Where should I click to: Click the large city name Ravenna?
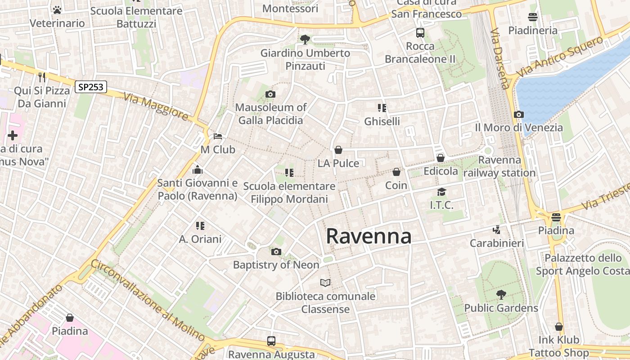click(368, 236)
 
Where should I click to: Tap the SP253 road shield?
click(90, 87)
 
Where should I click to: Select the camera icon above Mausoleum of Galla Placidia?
click(270, 94)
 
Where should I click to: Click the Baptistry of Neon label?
click(276, 265)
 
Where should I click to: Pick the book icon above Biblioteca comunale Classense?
click(325, 283)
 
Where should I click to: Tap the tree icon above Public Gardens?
click(501, 295)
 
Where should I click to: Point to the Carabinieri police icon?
click(497, 230)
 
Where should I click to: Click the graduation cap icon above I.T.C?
click(441, 192)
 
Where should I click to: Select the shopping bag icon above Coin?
click(396, 172)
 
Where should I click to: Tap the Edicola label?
click(441, 171)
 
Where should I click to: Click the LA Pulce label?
click(338, 163)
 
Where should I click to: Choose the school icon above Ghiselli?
click(382, 108)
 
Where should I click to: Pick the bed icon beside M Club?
click(218, 136)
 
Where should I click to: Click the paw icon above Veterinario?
click(57, 9)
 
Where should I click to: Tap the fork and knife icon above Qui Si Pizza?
click(42, 77)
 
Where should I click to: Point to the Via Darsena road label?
click(500, 59)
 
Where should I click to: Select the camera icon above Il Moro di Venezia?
click(518, 114)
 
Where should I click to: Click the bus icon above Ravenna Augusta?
click(271, 341)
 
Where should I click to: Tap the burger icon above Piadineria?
click(533, 17)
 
